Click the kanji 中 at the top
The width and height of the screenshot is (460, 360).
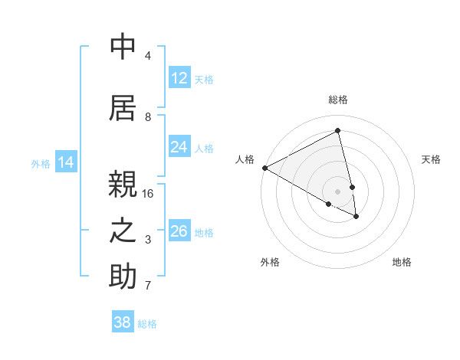point(123,47)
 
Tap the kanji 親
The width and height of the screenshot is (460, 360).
point(123,185)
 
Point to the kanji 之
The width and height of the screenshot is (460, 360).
point(123,231)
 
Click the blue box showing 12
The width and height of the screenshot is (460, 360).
point(179,78)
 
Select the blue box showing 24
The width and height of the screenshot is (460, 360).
point(179,147)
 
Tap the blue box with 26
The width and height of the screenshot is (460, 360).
point(179,231)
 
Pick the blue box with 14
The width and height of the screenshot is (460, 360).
point(66,162)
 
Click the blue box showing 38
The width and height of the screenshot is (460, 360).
point(123,322)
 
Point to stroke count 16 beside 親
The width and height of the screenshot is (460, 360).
point(148,194)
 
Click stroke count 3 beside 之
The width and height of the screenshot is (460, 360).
point(148,240)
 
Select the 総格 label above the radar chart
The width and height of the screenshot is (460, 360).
point(338,100)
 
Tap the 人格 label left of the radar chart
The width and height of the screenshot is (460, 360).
point(245,159)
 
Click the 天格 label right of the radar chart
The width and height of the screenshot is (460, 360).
point(432,159)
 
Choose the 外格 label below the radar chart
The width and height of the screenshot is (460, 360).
point(270,262)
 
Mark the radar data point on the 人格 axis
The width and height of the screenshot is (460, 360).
point(264,168)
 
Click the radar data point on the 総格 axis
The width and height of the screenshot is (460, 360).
point(338,130)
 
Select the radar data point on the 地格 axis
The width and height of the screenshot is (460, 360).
point(356,217)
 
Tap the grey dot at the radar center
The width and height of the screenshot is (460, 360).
point(338,191)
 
